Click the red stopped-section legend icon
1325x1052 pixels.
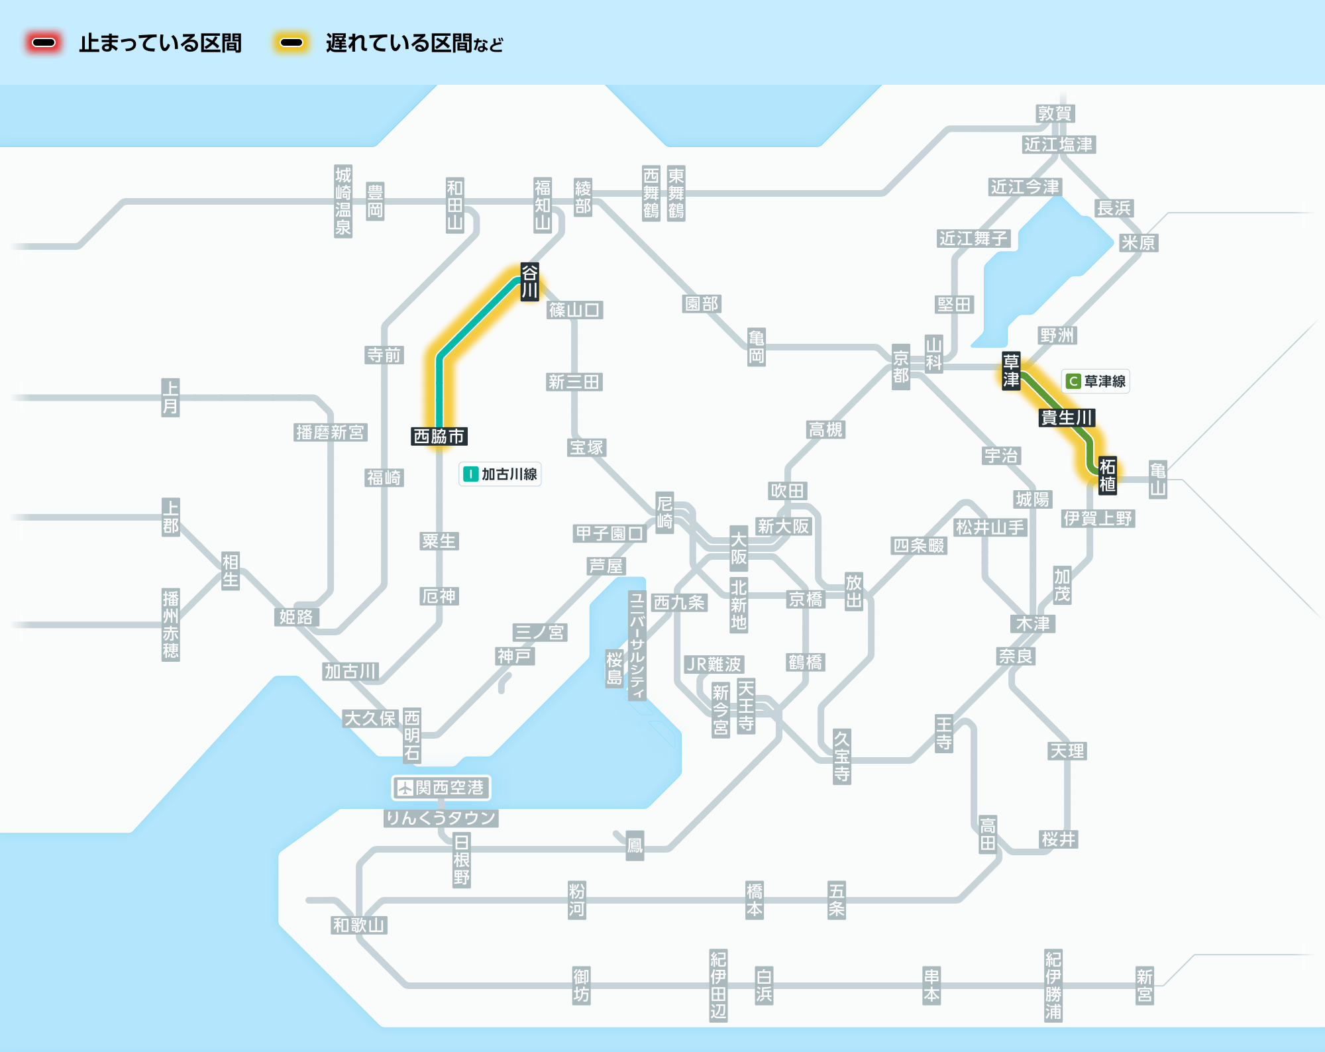[44, 43]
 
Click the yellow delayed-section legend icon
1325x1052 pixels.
[291, 43]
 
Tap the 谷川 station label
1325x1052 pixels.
[529, 282]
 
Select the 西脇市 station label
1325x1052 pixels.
[439, 437]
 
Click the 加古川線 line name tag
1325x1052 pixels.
[500, 474]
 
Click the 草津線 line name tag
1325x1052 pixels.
[1096, 381]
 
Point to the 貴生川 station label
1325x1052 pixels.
[1067, 418]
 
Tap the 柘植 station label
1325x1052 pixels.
[1108, 475]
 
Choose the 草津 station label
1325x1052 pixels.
[1011, 370]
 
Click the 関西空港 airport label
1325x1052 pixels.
[441, 788]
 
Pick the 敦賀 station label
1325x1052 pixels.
[1055, 114]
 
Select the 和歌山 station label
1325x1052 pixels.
[359, 925]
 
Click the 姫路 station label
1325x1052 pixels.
[296, 617]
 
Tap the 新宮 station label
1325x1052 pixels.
[1145, 986]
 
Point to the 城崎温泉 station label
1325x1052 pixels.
[343, 201]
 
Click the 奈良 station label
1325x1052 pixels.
[1016, 657]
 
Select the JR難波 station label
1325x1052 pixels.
[714, 664]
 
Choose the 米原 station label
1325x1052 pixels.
[1138, 243]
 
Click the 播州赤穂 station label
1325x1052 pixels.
[171, 625]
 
